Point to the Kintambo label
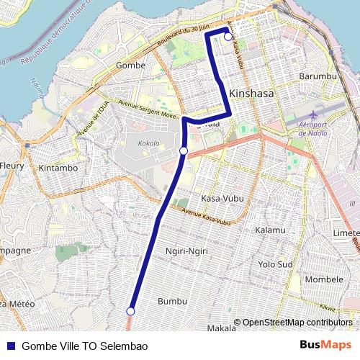click(x=58, y=168)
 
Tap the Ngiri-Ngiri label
click(x=186, y=252)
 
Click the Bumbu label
click(x=172, y=300)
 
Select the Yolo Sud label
click(x=275, y=264)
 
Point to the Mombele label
click(x=325, y=278)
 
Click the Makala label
click(x=221, y=328)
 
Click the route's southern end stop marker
click(x=130, y=311)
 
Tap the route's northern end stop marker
click(x=228, y=37)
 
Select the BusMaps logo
click(x=325, y=346)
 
